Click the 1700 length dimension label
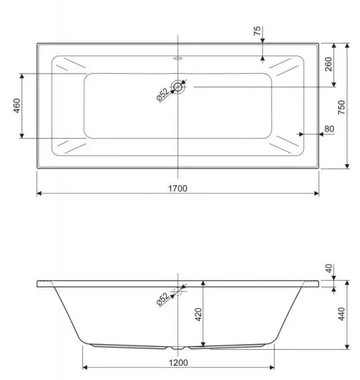[x=177, y=188]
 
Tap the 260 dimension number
[x=328, y=65]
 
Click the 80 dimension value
[x=329, y=129]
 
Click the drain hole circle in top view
[x=178, y=87]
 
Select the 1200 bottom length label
[x=177, y=362]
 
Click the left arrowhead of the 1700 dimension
[x=39, y=194]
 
